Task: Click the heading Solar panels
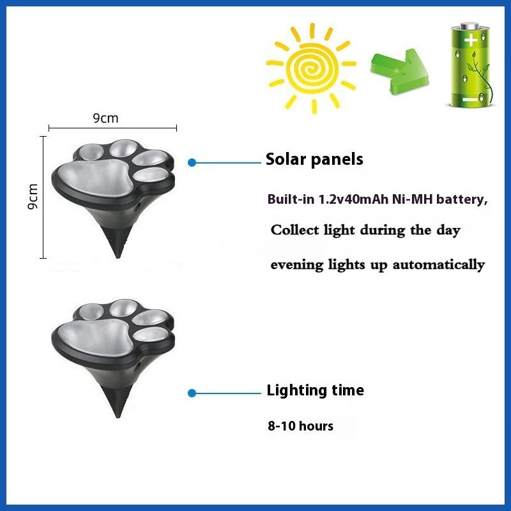[314, 159]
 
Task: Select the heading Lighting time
[315, 390]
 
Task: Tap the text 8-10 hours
[300, 425]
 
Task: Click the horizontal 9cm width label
[105, 118]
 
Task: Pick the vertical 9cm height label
[33, 197]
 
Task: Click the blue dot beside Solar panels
[192, 163]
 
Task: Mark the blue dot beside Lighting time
[192, 393]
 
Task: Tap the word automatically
[438, 264]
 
